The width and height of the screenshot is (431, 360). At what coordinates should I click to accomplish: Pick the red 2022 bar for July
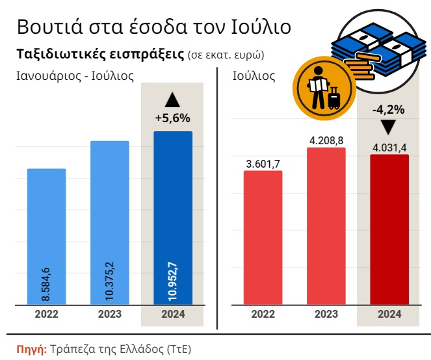coord(263,237)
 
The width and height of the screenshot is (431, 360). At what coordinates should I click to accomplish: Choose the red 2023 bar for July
coord(326,224)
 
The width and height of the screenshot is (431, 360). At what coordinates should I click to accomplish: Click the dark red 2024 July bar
coord(389,227)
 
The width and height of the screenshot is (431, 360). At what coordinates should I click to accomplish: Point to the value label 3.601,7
coord(263,163)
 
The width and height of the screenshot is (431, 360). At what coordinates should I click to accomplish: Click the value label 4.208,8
coord(326,140)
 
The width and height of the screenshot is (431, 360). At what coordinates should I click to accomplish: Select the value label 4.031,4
coord(389,147)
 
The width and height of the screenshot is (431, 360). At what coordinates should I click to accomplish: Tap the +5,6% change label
coord(172,118)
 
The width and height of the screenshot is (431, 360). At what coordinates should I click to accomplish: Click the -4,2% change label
coord(388,109)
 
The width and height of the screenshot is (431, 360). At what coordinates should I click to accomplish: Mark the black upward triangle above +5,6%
coord(172,100)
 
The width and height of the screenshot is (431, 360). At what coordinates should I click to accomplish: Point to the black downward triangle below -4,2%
coord(388,127)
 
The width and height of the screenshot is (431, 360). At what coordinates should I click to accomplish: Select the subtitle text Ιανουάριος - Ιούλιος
coord(75,76)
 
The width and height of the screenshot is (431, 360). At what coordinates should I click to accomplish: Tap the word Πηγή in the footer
coord(31,348)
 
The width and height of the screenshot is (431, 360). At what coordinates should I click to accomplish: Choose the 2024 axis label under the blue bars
coord(172,314)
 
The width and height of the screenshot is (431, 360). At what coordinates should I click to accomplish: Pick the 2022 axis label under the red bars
coord(263,314)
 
